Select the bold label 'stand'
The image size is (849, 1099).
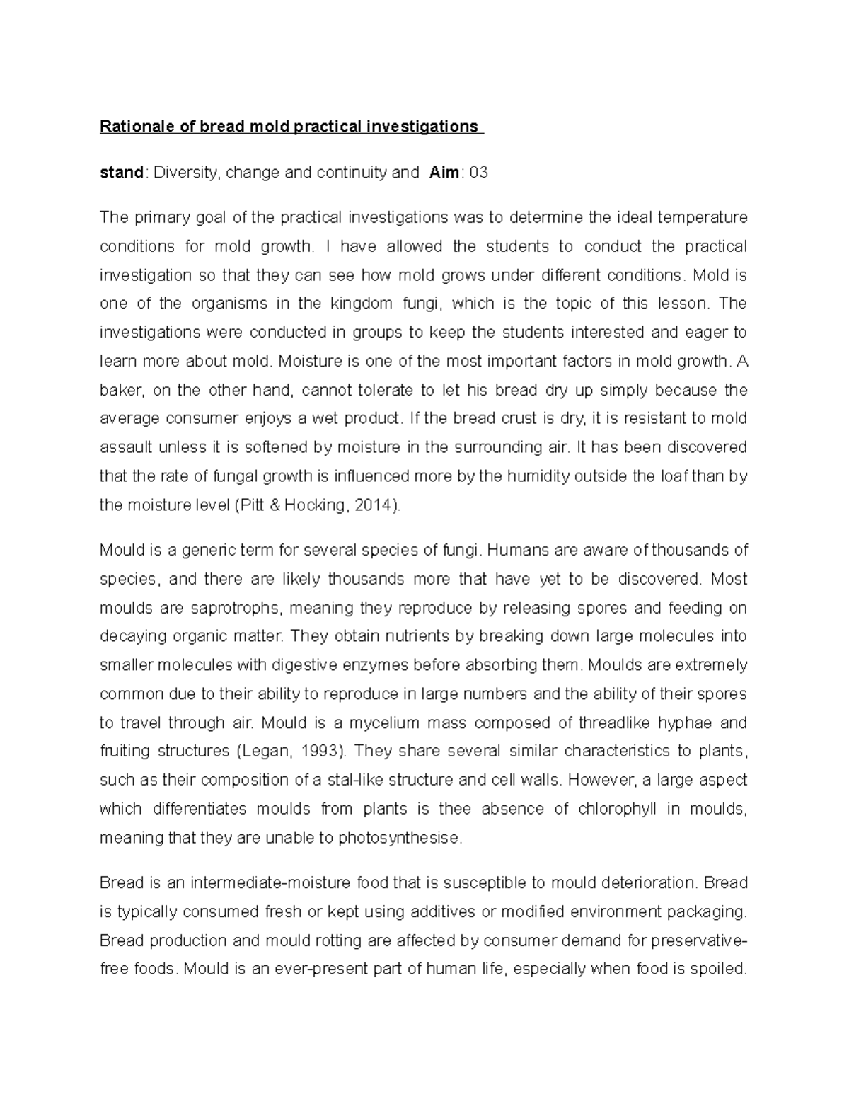click(122, 173)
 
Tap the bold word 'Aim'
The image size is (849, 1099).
click(445, 173)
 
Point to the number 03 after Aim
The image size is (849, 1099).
click(478, 173)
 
